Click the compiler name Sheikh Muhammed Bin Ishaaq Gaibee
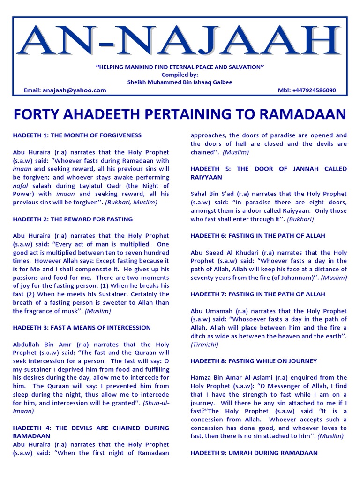pos(180,82)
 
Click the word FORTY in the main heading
pos(35,114)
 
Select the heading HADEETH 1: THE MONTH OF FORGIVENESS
pos(77,135)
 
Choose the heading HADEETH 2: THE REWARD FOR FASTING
pos(73,219)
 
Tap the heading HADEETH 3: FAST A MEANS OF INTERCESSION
pos(82,328)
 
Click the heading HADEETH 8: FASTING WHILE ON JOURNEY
pos(254,361)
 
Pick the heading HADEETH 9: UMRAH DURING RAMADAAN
pos(254,453)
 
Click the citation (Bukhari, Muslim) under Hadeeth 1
pos(131,202)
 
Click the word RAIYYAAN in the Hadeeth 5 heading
pos(206,178)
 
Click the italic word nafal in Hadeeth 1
pos(20,186)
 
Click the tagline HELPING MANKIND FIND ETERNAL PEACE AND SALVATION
pos(180,67)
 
